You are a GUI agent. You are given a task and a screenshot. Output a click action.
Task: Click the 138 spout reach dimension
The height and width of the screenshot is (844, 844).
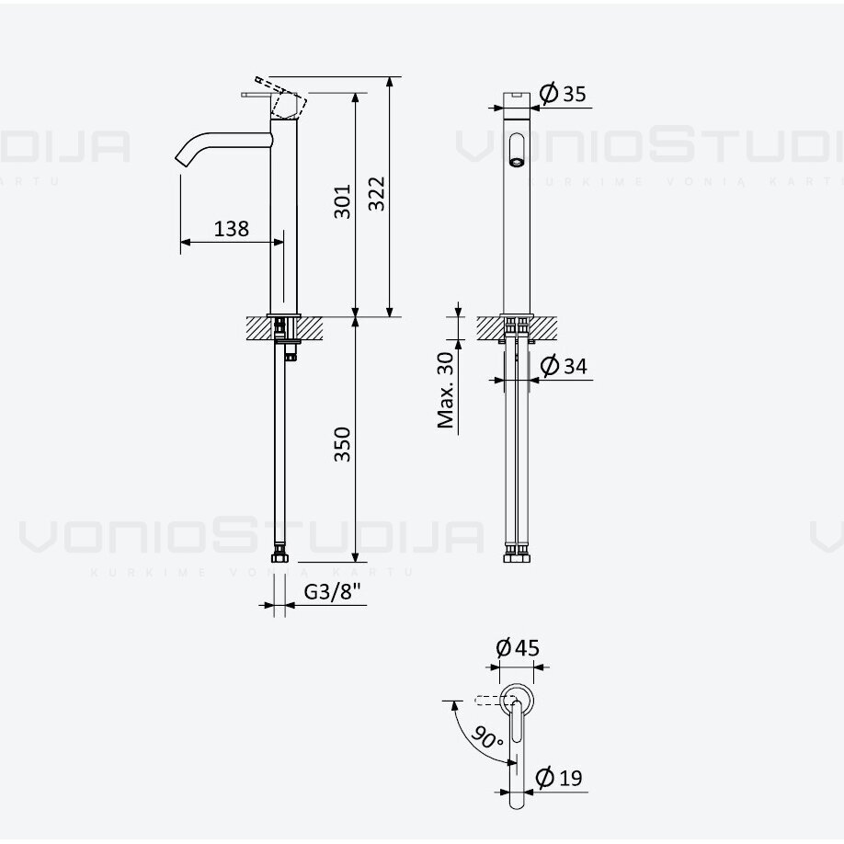(232, 229)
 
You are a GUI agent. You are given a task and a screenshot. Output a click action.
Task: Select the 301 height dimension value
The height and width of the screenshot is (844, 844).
(342, 202)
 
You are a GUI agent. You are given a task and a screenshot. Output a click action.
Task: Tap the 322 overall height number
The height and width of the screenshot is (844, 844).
(377, 194)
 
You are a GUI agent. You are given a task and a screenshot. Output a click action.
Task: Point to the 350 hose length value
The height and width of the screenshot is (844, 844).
(342, 444)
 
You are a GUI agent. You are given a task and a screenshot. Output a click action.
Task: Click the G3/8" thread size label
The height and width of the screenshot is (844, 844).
(332, 591)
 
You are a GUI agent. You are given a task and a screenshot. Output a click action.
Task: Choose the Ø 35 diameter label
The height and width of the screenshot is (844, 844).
(563, 94)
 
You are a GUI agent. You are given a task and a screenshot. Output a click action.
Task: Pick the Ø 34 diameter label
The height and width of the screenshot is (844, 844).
(564, 366)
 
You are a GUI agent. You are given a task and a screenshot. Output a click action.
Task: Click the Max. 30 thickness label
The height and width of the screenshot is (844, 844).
(446, 390)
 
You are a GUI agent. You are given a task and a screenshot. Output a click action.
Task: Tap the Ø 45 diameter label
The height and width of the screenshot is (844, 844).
(518, 647)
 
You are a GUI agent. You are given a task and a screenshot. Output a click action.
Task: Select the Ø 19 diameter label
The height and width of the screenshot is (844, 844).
(559, 778)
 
